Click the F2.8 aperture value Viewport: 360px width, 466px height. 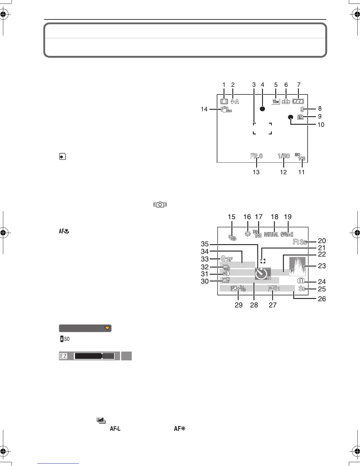(x=256, y=156)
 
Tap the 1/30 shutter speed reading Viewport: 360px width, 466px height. (x=284, y=156)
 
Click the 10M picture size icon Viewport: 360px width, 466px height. (x=276, y=101)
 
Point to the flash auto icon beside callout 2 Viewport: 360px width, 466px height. (x=235, y=101)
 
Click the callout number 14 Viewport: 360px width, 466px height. (x=204, y=109)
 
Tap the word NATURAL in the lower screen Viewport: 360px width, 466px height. (x=271, y=234)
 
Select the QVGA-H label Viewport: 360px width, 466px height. (x=287, y=234)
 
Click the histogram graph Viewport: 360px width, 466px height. (x=297, y=266)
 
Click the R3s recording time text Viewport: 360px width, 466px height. (x=300, y=242)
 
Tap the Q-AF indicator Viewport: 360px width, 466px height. (x=226, y=259)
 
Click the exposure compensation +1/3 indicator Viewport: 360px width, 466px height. (x=238, y=289)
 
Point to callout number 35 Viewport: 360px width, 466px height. (x=205, y=244)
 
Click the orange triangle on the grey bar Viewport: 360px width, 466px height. (x=107, y=328)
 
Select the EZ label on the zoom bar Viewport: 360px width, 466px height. (x=63, y=356)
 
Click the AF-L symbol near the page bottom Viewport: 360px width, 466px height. (x=115, y=429)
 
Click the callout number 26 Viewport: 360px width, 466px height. (x=322, y=299)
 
